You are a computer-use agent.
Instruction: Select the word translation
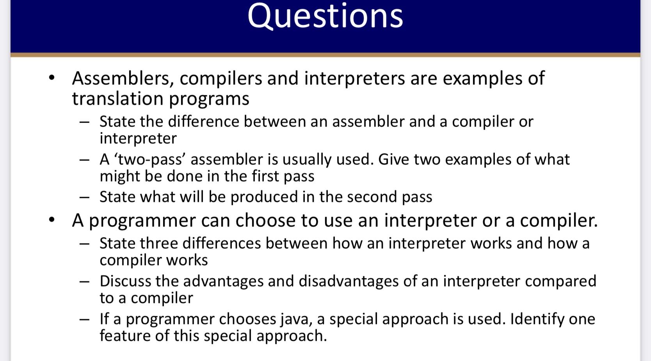pos(118,98)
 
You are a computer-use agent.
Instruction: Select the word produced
pos(264,197)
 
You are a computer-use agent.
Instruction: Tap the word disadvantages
pos(349,281)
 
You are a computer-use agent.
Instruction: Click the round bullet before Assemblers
pos(52,78)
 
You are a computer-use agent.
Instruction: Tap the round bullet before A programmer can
pos(52,220)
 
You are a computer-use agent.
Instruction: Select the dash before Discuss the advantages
pos(84,282)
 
